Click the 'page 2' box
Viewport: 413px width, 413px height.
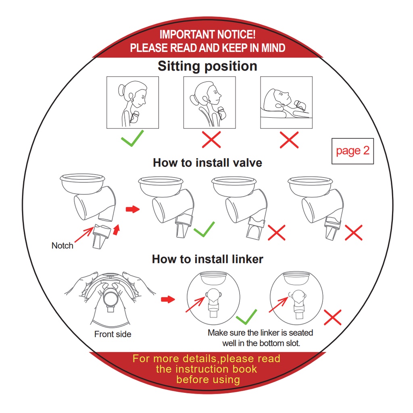pos(353,151)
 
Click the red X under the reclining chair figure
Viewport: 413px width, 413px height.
pos(211,140)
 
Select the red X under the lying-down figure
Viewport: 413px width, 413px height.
pos(289,140)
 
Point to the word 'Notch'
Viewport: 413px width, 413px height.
pos(63,246)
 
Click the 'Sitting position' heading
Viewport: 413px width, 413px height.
pos(208,66)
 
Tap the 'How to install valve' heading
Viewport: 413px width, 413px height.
pos(208,163)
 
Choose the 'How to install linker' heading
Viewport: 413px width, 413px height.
pos(208,259)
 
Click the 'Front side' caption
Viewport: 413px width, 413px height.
pos(113,334)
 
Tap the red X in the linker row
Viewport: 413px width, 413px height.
pos(332,317)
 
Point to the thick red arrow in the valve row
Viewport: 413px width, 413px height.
pos(132,209)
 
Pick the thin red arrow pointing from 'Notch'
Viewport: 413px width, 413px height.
pos(84,235)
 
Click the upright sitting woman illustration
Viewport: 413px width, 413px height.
pos(133,102)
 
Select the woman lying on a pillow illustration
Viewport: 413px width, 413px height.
pos(286,102)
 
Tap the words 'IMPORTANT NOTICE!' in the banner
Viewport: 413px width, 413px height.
pos(208,35)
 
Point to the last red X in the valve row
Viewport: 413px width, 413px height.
pos(353,233)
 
